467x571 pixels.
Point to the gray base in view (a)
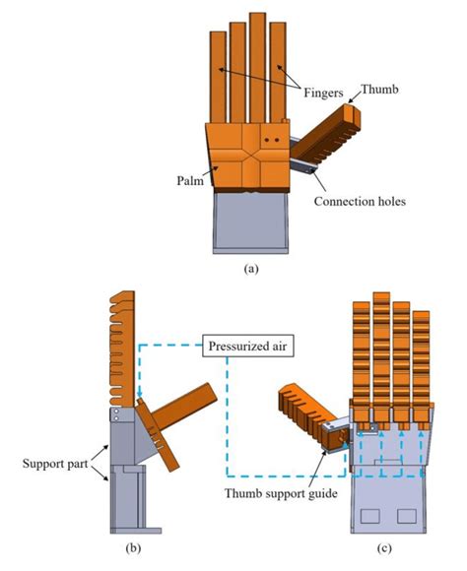click(x=249, y=221)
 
